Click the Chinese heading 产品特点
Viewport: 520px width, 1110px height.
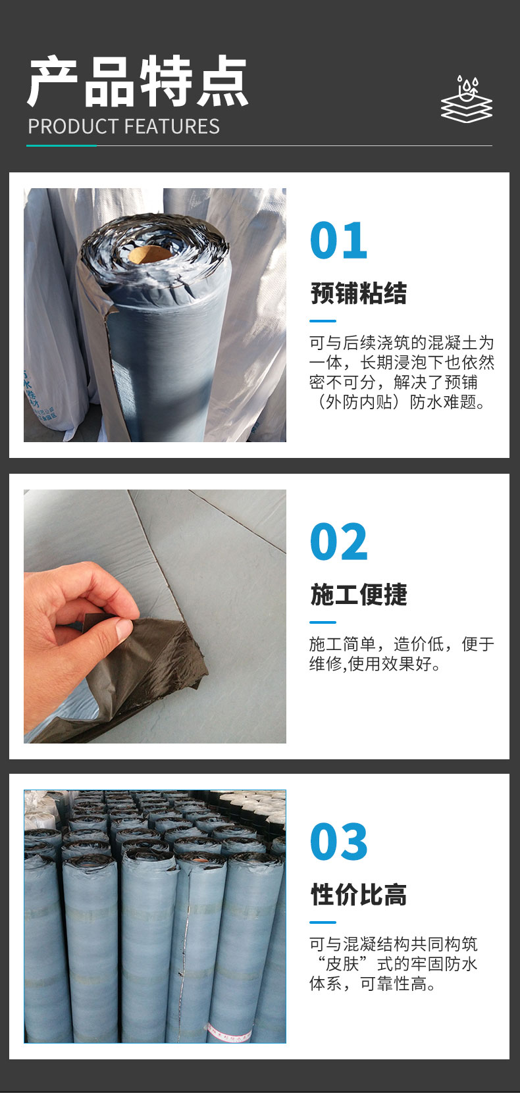pos(138,82)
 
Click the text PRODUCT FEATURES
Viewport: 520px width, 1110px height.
pos(124,126)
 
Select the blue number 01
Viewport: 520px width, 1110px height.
pos(338,240)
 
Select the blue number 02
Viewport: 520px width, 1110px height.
pos(338,542)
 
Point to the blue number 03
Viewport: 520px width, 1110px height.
pos(338,842)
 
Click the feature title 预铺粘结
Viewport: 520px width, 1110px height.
pos(358,293)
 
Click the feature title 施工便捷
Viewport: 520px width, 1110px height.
pos(358,594)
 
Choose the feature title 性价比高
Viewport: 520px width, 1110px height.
pos(358,894)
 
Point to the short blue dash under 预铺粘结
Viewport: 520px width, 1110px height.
pos(323,320)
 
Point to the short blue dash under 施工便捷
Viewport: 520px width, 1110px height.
pos(323,622)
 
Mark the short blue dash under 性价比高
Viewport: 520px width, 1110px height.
pos(323,922)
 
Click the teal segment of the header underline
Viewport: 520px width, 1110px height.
pos(61,145)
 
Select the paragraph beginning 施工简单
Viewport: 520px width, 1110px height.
pos(402,653)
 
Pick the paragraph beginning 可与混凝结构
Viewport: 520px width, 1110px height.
pos(394,964)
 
